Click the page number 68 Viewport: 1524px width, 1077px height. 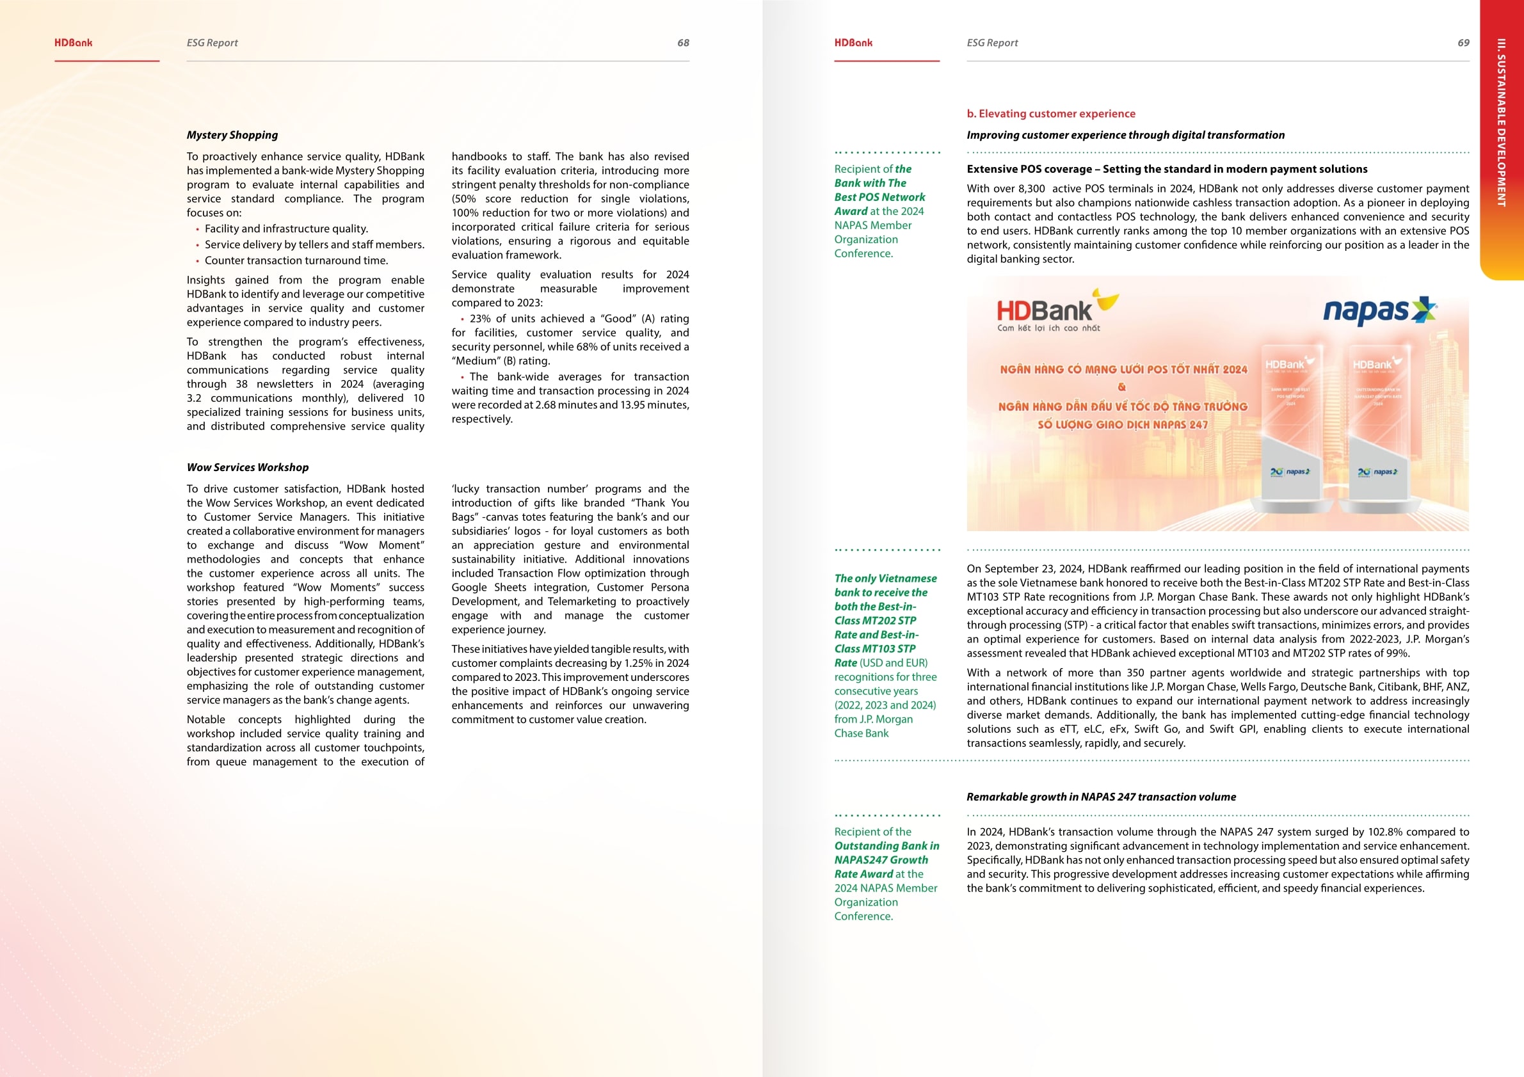[683, 43]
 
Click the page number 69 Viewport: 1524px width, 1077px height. [1463, 43]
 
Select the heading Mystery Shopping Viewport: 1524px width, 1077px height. [232, 136]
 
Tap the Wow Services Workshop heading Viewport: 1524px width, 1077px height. [248, 468]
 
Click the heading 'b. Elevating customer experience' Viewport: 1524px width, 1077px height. [1051, 114]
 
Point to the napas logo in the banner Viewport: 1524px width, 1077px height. [1379, 310]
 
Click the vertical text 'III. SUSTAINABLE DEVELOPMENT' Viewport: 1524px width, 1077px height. [1502, 123]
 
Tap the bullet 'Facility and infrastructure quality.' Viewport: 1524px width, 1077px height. [286, 229]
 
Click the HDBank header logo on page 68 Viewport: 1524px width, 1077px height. [74, 43]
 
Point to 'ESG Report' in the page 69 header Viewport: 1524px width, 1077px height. [991, 43]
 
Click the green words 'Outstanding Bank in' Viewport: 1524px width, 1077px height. [886, 846]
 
